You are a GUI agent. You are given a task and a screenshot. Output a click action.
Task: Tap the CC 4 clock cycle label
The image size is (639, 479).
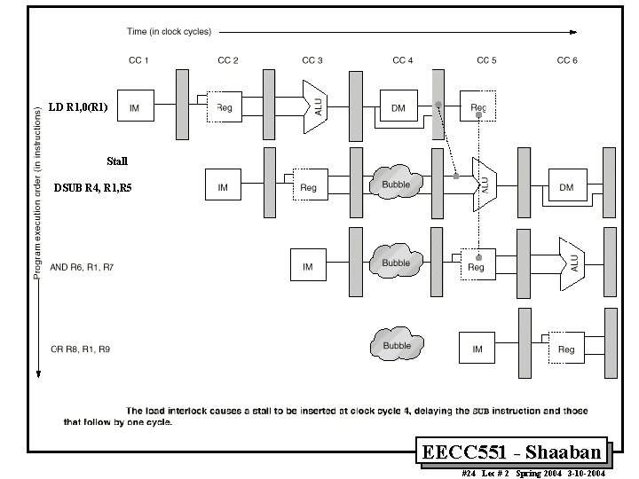(403, 60)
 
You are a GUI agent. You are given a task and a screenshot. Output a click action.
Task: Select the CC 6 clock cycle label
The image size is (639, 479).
(567, 60)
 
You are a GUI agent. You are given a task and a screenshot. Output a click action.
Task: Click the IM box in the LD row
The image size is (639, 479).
(135, 108)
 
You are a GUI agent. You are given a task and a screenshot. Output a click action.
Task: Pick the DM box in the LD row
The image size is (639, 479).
(398, 108)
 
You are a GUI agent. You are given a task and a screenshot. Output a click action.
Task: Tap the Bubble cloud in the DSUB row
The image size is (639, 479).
(396, 185)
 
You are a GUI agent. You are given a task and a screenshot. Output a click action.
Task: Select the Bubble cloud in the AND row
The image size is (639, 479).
(396, 263)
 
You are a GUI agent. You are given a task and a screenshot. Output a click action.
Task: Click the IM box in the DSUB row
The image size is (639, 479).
(223, 187)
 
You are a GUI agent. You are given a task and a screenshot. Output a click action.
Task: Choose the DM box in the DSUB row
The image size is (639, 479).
(566, 187)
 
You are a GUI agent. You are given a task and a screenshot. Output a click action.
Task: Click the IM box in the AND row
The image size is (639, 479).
(308, 266)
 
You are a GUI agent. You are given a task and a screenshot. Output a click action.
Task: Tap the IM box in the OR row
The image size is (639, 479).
(477, 349)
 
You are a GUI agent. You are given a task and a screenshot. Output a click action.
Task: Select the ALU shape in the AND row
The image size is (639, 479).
(571, 263)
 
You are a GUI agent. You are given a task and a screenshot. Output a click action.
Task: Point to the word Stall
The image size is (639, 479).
(117, 161)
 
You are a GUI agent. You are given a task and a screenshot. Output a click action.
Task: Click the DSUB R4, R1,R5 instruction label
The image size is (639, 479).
(92, 188)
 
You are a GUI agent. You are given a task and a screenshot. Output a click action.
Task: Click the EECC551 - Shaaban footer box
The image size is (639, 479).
(514, 452)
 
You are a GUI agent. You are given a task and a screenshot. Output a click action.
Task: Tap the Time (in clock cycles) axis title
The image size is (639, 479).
(169, 32)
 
